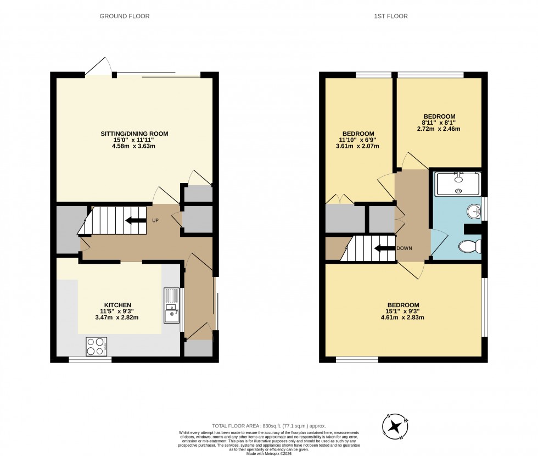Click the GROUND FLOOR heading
pyautogui.click(x=124, y=16)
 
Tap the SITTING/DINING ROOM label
pyautogui.click(x=134, y=134)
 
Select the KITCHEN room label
pyautogui.click(x=117, y=305)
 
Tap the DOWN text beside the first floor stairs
pyautogui.click(x=405, y=248)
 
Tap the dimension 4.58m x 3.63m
pyautogui.click(x=134, y=147)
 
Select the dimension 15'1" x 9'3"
pyautogui.click(x=403, y=311)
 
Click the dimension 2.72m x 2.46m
pyautogui.click(x=438, y=129)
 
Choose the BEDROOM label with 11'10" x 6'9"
pyautogui.click(x=358, y=134)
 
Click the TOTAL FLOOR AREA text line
pyautogui.click(x=269, y=426)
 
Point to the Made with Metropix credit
pyautogui.click(x=269, y=453)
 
